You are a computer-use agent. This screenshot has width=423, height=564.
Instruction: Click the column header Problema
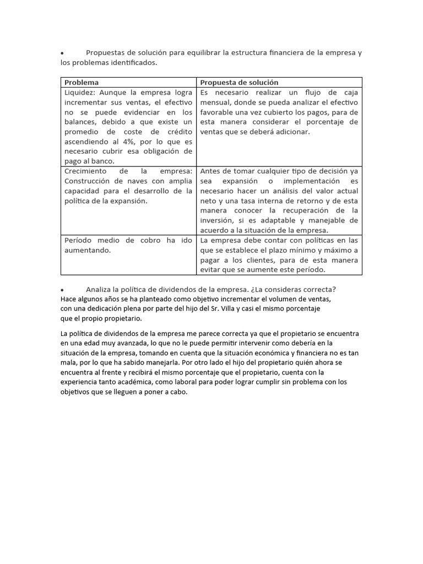point(82,82)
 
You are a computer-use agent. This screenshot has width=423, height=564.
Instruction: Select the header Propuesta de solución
point(239,82)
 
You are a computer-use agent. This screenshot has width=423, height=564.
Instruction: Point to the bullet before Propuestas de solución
point(63,53)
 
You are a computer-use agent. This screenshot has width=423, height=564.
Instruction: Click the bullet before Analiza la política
point(63,290)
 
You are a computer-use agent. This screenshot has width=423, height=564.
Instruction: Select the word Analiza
point(99,290)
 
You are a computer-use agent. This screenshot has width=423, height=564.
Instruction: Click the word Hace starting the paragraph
point(69,299)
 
